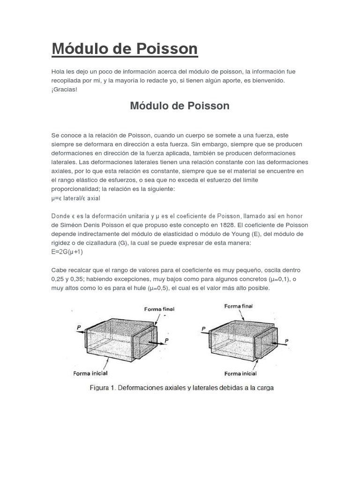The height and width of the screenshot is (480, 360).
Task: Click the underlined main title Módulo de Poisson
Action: click(x=124, y=49)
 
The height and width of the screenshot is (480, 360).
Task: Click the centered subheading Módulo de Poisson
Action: click(x=180, y=106)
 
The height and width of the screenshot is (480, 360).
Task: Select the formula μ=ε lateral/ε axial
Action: click(x=75, y=198)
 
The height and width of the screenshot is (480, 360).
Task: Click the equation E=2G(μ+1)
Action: click(x=67, y=252)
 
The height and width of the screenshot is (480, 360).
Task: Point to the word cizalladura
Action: click(x=109, y=243)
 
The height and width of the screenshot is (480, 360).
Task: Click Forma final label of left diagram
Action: click(x=159, y=309)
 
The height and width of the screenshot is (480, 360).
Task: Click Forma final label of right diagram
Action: click(x=238, y=306)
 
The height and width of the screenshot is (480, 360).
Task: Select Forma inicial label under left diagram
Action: click(x=90, y=373)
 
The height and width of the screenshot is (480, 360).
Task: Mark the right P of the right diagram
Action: click(x=286, y=340)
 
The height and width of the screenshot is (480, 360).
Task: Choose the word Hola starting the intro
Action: click(x=58, y=72)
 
